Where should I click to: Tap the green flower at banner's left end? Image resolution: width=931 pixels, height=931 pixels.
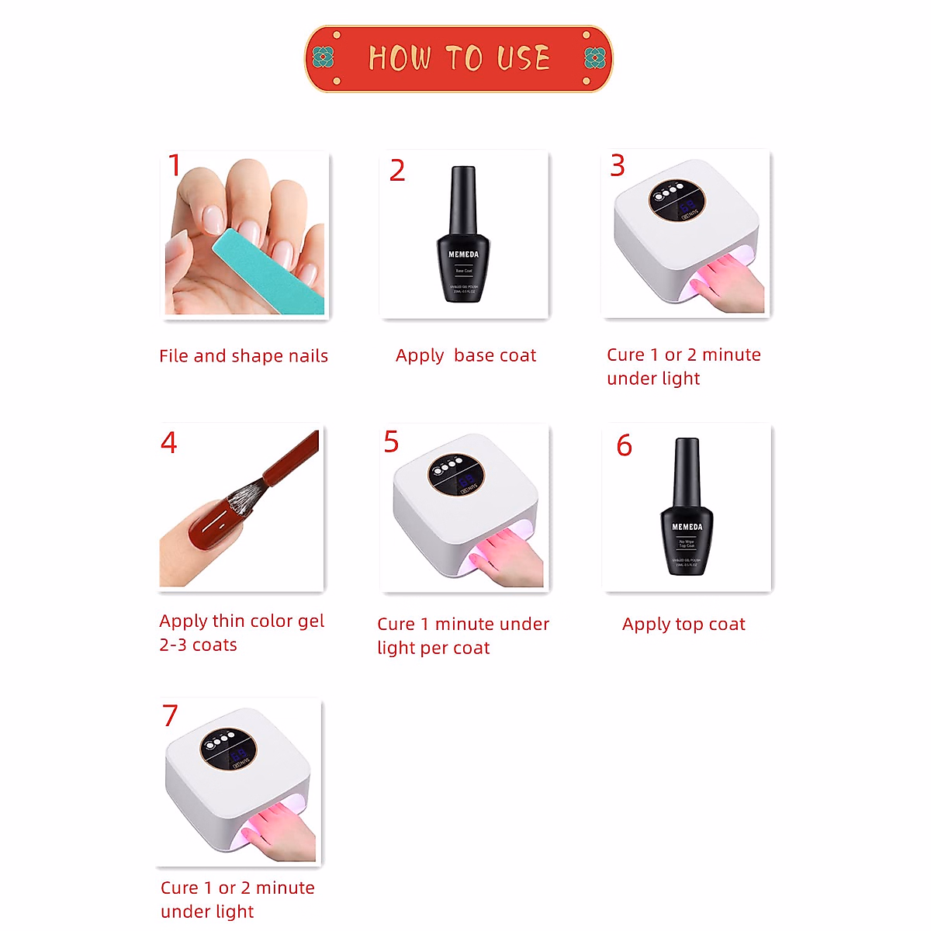(323, 57)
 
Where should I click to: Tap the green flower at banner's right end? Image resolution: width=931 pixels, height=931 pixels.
(594, 57)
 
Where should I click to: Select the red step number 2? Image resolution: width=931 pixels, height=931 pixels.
(397, 171)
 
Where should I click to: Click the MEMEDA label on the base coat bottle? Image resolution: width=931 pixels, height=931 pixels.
(463, 254)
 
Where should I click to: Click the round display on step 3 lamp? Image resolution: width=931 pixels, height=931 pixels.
(677, 199)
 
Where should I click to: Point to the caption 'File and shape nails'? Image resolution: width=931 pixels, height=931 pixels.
(244, 356)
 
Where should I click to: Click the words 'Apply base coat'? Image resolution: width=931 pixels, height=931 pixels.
(465, 355)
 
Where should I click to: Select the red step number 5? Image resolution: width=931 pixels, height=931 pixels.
(391, 442)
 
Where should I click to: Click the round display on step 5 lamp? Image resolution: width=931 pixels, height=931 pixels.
(456, 475)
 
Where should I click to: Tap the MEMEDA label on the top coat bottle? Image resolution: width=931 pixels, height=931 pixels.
(687, 527)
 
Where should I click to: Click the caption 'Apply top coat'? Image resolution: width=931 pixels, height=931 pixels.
(684, 625)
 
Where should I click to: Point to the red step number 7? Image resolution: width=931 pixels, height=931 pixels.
(170, 715)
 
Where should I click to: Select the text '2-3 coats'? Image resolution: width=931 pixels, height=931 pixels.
(198, 645)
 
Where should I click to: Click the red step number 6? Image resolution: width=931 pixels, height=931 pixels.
(624, 446)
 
